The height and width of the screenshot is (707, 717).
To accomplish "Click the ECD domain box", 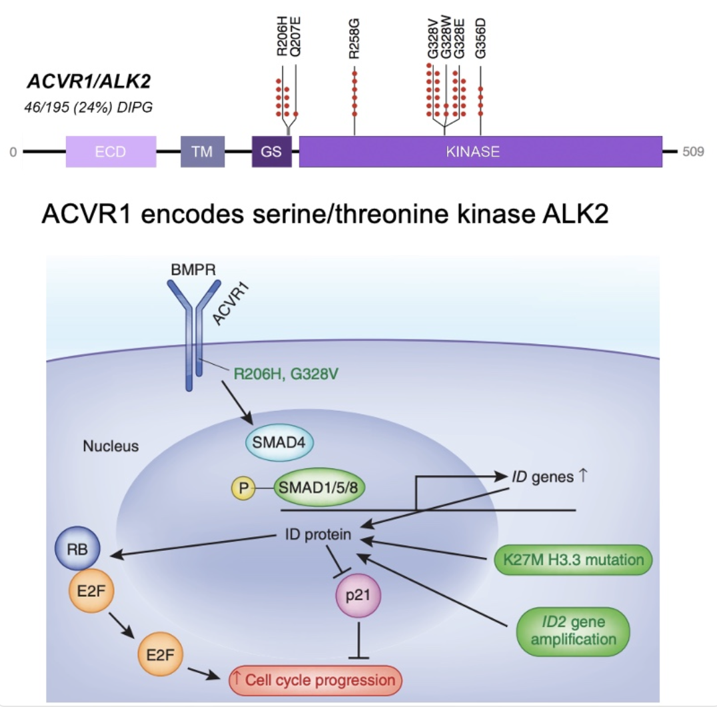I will pyautogui.click(x=111, y=151).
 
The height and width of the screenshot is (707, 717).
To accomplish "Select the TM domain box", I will pyautogui.click(x=203, y=151).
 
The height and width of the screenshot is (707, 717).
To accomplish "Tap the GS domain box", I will pyautogui.click(x=271, y=151).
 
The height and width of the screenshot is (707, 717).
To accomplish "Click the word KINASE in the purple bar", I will pyautogui.click(x=472, y=151).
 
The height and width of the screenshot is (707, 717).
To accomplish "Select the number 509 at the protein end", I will pyautogui.click(x=693, y=151).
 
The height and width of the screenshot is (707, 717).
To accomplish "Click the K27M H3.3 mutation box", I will pyautogui.click(x=572, y=560).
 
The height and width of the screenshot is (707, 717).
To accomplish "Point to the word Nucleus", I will pyautogui.click(x=111, y=446).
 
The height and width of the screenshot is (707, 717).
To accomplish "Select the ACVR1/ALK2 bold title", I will pyautogui.click(x=89, y=81).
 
